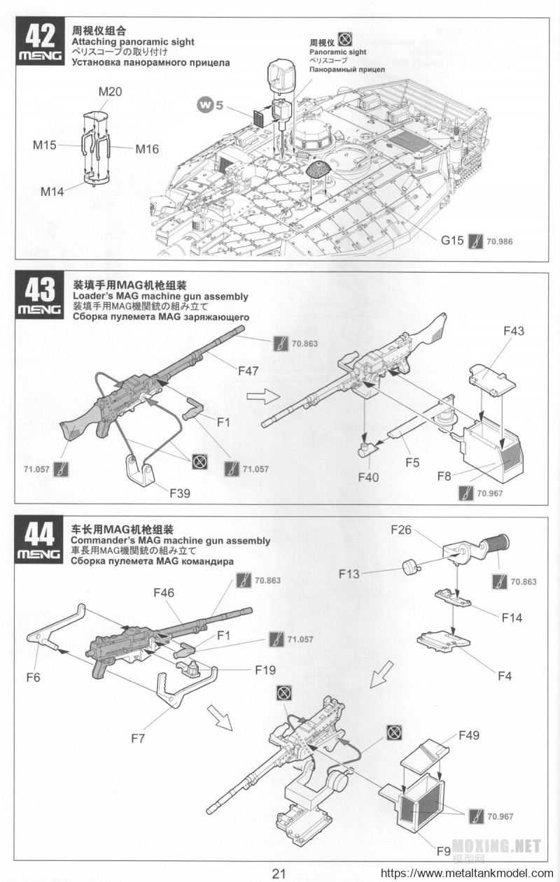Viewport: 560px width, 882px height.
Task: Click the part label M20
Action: coord(110,92)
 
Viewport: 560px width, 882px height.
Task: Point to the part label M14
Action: coord(52,191)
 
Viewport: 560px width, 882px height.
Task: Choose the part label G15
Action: coord(451,241)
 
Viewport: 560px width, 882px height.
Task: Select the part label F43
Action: coord(512,332)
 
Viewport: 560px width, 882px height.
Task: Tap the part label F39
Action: coord(181,492)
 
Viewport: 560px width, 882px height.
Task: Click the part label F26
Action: coord(400,529)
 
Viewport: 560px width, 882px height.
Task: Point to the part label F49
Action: coord(469,735)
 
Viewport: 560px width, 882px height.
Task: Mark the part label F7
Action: coord(138,738)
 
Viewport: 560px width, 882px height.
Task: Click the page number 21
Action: coord(279,874)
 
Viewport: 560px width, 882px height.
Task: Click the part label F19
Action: coord(265,669)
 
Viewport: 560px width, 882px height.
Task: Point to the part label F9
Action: coord(443,852)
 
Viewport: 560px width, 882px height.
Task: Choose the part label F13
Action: coord(349,574)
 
